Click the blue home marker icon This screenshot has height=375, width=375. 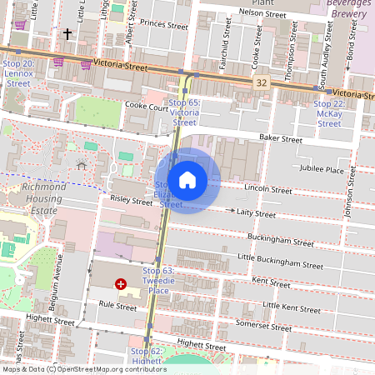187,180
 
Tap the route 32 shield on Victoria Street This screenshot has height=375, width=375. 262,82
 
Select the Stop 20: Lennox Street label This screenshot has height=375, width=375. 18,73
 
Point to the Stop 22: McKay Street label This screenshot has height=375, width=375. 329,112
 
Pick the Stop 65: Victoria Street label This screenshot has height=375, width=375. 184,112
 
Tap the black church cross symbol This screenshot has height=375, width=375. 67,34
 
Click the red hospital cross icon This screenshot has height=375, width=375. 121,284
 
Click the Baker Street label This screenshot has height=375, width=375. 279,139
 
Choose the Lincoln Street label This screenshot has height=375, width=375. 268,190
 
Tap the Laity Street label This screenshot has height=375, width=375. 255,213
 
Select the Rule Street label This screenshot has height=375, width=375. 117,306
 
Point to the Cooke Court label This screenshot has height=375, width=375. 146,106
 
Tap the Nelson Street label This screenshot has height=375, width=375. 262,12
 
